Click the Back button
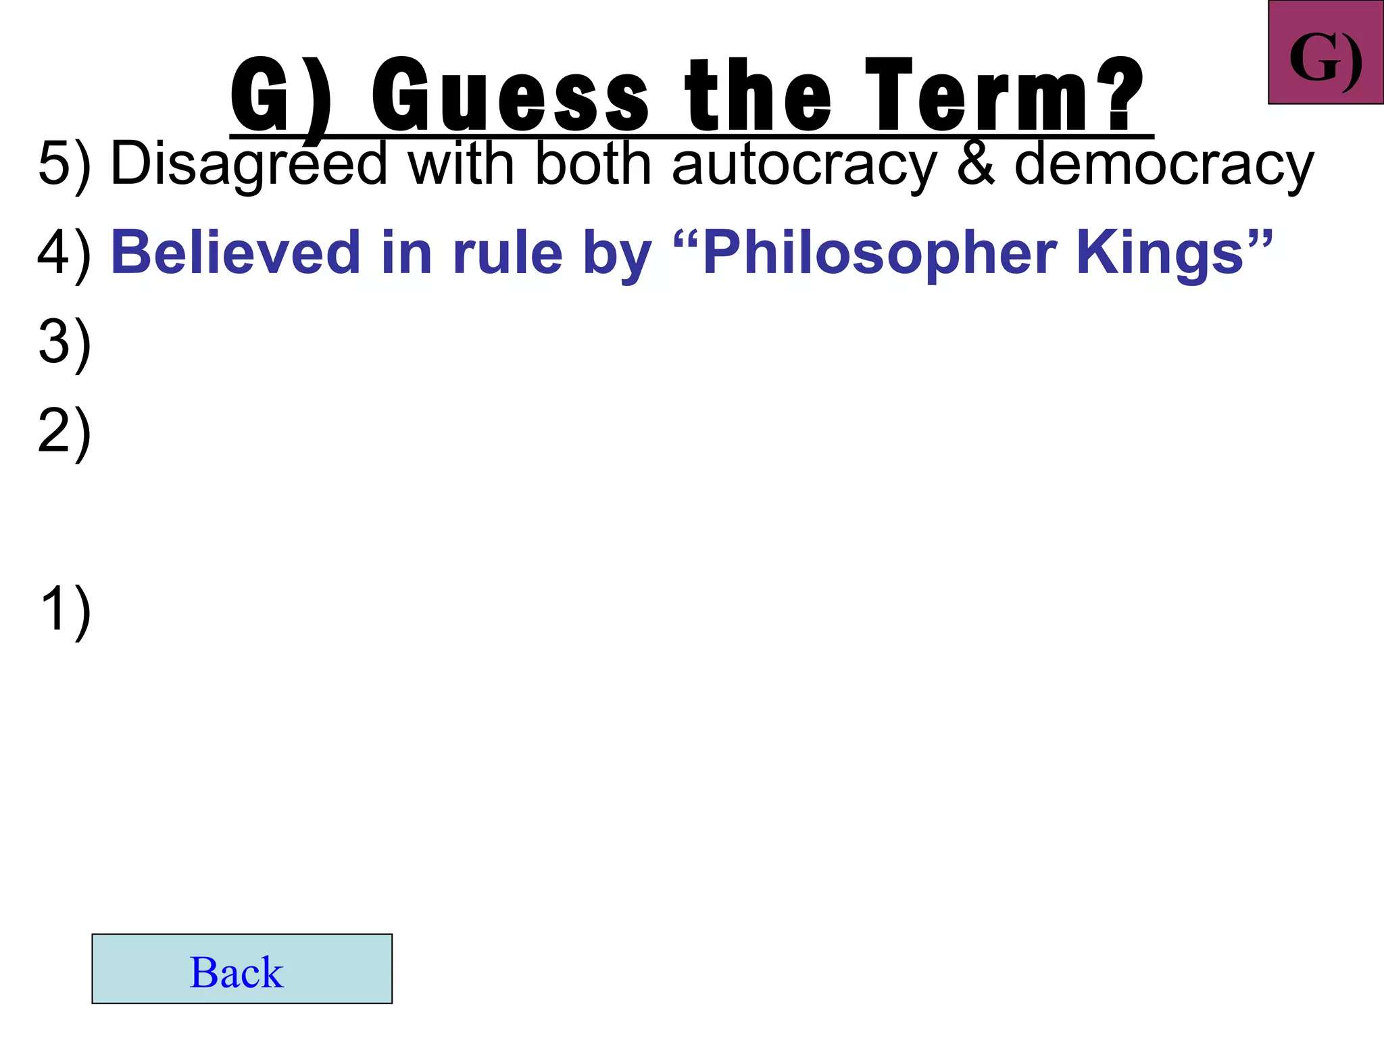[241, 968]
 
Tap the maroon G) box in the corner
[1325, 53]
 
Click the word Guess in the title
[510, 95]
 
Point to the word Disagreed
[248, 164]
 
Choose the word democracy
[1164, 164]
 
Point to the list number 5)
[64, 164]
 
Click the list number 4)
[64, 254]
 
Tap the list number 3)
[64, 343]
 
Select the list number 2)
[64, 432]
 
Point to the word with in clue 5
[461, 164]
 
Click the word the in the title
[758, 95]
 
